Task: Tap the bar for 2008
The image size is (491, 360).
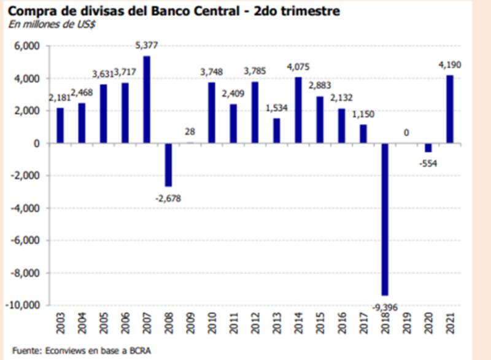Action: point(168,165)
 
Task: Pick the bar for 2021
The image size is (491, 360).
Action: point(449,109)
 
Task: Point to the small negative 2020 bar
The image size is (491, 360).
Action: point(428,147)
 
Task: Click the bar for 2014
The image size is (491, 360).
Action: point(298,110)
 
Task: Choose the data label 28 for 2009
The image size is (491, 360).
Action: point(190,133)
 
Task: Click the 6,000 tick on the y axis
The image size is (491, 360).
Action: point(28,46)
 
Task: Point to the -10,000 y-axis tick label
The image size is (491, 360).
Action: point(23,305)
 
